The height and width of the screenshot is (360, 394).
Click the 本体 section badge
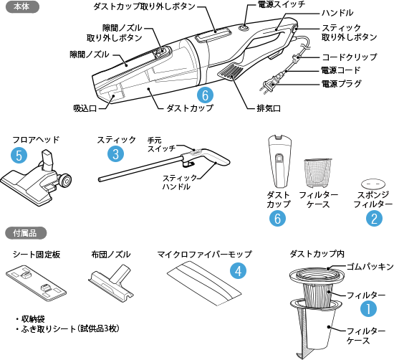pos(22,6)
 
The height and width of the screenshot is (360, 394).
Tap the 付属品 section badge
pos(26,233)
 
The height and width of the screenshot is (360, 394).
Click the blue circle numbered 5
pos(19,155)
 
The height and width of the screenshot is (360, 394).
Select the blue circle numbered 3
pos(115,153)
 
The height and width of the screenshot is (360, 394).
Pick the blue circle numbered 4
pos(239,270)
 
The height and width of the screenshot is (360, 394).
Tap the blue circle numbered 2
pos(374,218)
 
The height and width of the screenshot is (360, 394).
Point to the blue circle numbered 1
pos(368,308)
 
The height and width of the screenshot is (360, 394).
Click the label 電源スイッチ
pos(282,4)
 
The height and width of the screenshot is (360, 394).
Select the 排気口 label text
pos(269,108)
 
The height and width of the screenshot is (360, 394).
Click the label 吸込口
pos(85,108)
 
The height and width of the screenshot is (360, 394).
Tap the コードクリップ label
pos(350,57)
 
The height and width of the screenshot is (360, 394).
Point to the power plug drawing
pos(269,85)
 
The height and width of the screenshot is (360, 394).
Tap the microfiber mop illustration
pos(204,283)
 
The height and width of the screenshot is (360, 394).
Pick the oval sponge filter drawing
pos(373,184)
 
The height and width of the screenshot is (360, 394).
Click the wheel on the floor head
pos(66,181)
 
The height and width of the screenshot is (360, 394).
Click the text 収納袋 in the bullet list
pos(33,319)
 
